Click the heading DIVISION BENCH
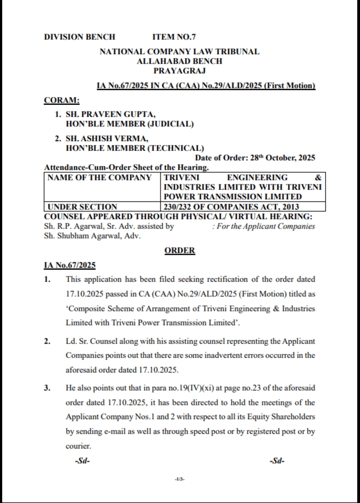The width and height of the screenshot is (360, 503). (x=80, y=37)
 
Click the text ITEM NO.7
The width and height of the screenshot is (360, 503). (x=174, y=37)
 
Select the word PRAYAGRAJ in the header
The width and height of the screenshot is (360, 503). (x=179, y=70)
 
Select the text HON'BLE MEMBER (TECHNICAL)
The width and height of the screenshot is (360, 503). (x=135, y=148)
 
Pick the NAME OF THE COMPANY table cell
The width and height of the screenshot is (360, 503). (x=99, y=178)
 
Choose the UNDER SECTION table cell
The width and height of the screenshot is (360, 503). (x=82, y=207)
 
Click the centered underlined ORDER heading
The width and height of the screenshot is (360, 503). (x=180, y=250)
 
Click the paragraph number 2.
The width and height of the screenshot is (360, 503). (x=48, y=341)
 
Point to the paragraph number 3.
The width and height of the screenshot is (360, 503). (x=48, y=388)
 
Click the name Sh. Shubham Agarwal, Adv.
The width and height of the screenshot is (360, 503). (x=92, y=236)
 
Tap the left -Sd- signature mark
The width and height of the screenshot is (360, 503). (x=82, y=461)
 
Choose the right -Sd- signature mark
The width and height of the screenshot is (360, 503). (x=277, y=461)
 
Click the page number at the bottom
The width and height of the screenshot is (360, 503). (x=179, y=479)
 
